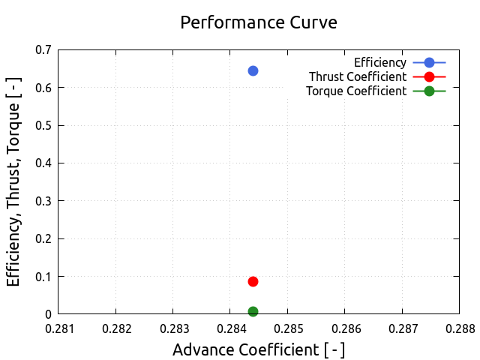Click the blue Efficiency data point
pyautogui.click(x=253, y=70)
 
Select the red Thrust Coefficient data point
pyautogui.click(x=253, y=281)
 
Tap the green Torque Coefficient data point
pyautogui.click(x=253, y=311)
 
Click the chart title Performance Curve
pyautogui.click(x=259, y=22)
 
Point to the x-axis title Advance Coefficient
pyautogui.click(x=259, y=349)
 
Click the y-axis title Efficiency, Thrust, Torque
pyautogui.click(x=13, y=181)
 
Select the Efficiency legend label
pyautogui.click(x=380, y=61)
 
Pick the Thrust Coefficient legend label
pyautogui.click(x=358, y=76)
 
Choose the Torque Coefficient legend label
pyautogui.click(x=356, y=91)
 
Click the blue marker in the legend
pyautogui.click(x=429, y=61)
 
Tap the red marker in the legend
pyautogui.click(x=429, y=76)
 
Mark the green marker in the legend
pyautogui.click(x=429, y=91)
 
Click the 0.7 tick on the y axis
pyautogui.click(x=43, y=50)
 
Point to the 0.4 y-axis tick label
pyautogui.click(x=43, y=163)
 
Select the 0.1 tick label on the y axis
pyautogui.click(x=43, y=277)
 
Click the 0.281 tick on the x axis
pyautogui.click(x=58, y=328)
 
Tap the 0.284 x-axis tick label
pyautogui.click(x=230, y=328)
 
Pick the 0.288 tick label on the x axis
pyautogui.click(x=459, y=328)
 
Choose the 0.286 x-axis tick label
pyautogui.click(x=344, y=328)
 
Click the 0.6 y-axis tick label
pyautogui.click(x=43, y=88)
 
